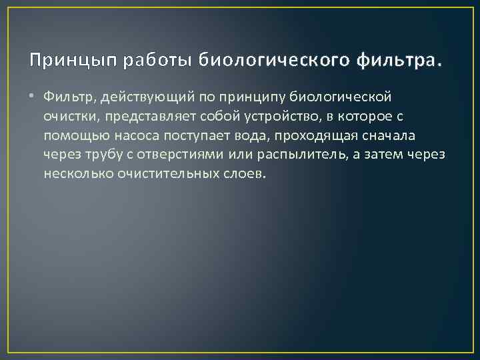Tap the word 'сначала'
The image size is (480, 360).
pos(372,136)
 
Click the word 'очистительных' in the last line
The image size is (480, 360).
pos(159,174)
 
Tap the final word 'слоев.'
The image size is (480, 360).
pos(246,174)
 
